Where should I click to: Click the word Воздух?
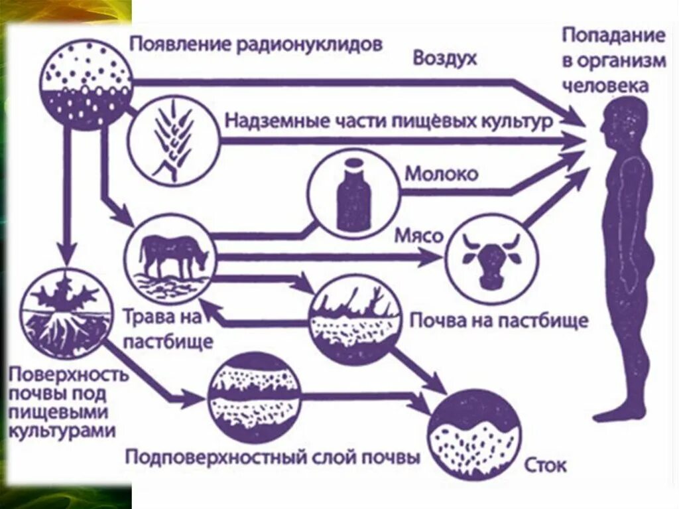[x=445, y=58]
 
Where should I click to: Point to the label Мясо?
[x=418, y=236]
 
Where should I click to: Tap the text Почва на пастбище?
[x=498, y=321]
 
